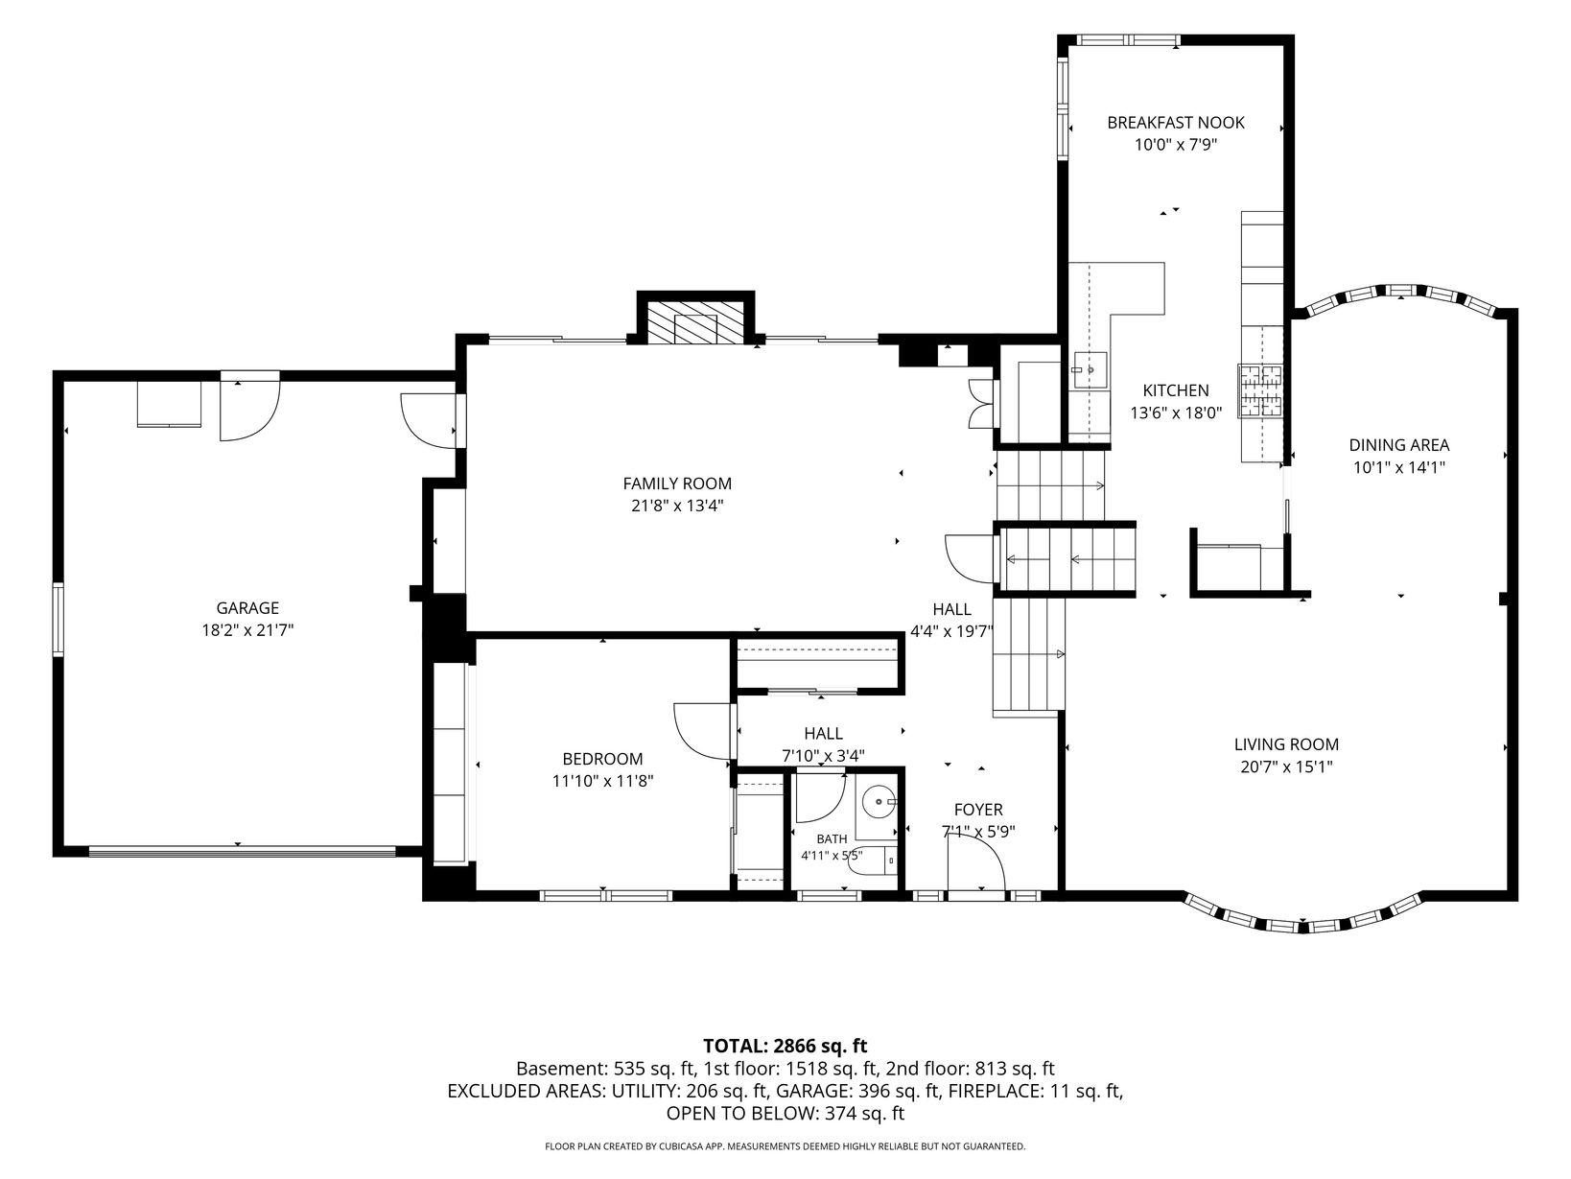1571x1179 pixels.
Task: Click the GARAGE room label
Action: point(247,608)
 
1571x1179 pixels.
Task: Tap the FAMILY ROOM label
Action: point(677,483)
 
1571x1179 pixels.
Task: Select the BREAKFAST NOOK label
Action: point(1176,123)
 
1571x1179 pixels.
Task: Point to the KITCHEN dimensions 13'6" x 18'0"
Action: point(1176,413)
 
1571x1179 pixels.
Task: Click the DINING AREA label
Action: point(1399,444)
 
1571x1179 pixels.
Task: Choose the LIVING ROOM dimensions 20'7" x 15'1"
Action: point(1286,766)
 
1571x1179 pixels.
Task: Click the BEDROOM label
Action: point(602,758)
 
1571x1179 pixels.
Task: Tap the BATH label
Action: point(832,839)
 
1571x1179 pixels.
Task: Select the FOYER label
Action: point(978,809)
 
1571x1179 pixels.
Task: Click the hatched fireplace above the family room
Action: point(695,321)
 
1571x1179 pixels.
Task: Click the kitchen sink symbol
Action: point(1090,370)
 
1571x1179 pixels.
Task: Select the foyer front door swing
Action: point(976,864)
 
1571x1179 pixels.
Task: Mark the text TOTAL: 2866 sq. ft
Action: point(785,1046)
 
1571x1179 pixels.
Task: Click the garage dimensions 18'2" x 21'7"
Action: point(247,630)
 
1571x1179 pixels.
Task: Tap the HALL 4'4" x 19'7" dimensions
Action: point(952,631)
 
